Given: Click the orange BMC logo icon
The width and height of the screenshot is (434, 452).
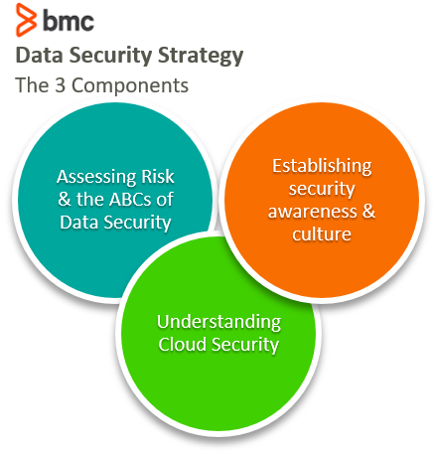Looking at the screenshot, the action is pyautogui.click(x=26, y=20).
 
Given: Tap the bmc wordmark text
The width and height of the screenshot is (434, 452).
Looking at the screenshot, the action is pyautogui.click(x=69, y=21).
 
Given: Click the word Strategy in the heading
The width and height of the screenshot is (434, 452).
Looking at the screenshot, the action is pyautogui.click(x=201, y=56).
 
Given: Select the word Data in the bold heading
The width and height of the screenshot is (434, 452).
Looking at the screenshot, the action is pyautogui.click(x=39, y=55).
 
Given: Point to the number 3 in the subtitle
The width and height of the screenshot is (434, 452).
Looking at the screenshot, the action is pyautogui.click(x=60, y=85).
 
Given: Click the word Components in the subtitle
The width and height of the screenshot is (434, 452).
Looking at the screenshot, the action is pyautogui.click(x=130, y=85).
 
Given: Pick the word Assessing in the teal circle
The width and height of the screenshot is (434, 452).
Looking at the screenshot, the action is pyautogui.click(x=96, y=177).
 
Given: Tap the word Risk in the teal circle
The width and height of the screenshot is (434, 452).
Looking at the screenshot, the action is pyautogui.click(x=158, y=177).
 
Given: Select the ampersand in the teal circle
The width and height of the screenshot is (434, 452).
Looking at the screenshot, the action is pyautogui.click(x=65, y=200).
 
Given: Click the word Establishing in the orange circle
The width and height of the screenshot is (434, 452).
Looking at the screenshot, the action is pyautogui.click(x=322, y=166).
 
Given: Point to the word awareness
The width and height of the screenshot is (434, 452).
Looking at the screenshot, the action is pyautogui.click(x=313, y=212).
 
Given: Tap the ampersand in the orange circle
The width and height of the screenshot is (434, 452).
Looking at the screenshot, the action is pyautogui.click(x=368, y=211).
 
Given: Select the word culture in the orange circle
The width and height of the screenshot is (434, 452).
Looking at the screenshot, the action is pyautogui.click(x=322, y=234).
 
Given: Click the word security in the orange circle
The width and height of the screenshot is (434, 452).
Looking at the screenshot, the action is pyautogui.click(x=322, y=190).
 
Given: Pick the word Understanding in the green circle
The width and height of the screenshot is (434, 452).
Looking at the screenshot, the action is pyautogui.click(x=219, y=322).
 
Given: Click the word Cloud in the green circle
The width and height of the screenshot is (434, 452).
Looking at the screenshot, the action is pyautogui.click(x=183, y=345).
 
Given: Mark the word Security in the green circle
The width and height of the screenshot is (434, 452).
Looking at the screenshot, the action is pyautogui.click(x=245, y=345).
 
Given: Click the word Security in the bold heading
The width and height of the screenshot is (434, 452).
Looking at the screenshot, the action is pyautogui.click(x=110, y=56).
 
